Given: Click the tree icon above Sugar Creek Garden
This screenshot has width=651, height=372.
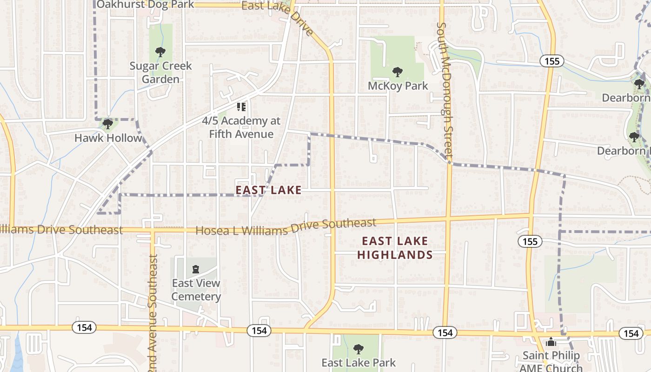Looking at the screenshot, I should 160,52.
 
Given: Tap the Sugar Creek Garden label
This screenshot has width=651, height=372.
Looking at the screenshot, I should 160,73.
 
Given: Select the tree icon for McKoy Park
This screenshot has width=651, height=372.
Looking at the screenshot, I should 397,72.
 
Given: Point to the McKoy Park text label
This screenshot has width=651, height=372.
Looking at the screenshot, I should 398,86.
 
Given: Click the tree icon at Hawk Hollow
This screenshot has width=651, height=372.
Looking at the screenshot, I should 108,124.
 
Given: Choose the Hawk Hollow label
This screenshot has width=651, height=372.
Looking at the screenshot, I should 108,138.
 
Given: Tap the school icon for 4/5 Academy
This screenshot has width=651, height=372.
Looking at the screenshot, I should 241,107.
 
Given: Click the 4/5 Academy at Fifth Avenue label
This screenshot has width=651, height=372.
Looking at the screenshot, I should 241,127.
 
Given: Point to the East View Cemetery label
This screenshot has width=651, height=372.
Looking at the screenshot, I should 196,290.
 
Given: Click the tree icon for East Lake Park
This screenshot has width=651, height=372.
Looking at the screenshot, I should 358,349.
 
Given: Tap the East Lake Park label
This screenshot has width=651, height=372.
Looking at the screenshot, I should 358,363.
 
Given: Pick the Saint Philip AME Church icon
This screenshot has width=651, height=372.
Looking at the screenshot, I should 551,342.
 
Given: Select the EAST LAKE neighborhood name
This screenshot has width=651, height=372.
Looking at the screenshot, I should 268,190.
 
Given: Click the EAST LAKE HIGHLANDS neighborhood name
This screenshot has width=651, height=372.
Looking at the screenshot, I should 395,248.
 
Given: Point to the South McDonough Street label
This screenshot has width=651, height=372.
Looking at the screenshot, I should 445,88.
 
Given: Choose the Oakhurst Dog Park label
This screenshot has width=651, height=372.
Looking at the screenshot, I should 145,5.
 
